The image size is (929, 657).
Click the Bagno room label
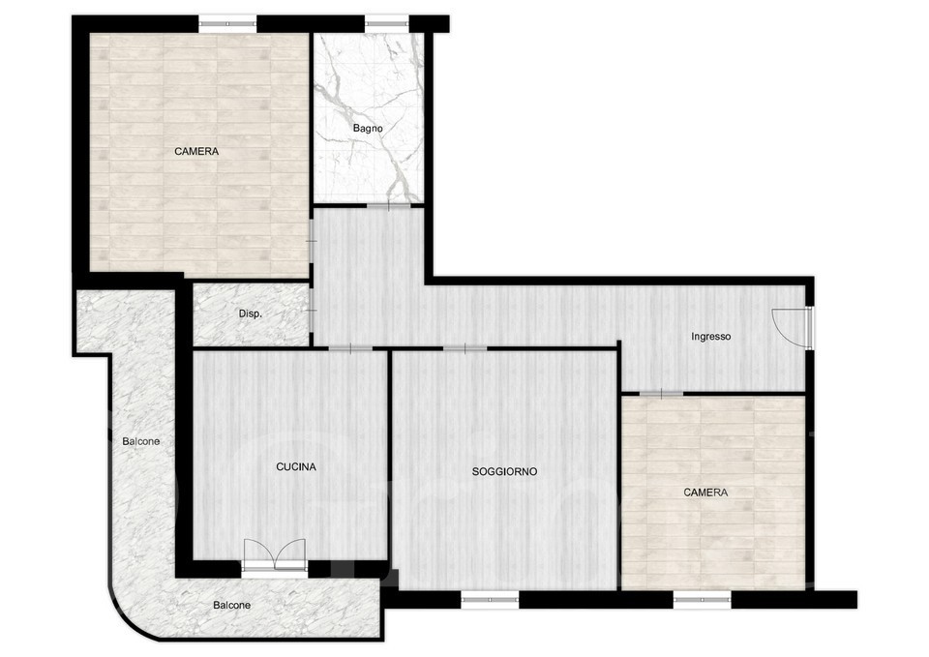pyautogui.click(x=368, y=129)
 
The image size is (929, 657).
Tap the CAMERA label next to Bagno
pyautogui.click(x=196, y=152)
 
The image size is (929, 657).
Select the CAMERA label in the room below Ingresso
pyautogui.click(x=705, y=493)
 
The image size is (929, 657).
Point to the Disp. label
pyautogui.click(x=251, y=314)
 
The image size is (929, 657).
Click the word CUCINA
pyautogui.click(x=296, y=466)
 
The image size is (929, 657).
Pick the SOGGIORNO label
pyautogui.click(x=505, y=471)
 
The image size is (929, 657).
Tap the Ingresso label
pyautogui.click(x=711, y=337)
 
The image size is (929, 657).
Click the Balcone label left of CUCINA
pyautogui.click(x=141, y=441)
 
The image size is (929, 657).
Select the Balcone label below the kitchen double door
pyautogui.click(x=232, y=606)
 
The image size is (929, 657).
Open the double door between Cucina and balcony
pyautogui.click(x=275, y=557)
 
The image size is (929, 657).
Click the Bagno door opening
pyautogui.click(x=388, y=205)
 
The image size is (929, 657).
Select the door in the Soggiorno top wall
pyautogui.click(x=465, y=347)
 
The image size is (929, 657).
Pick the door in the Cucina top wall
pyautogui.click(x=350, y=347)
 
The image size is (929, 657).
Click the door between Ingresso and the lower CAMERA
pyautogui.click(x=661, y=394)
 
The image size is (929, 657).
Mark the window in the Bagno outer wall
pyautogui.click(x=387, y=23)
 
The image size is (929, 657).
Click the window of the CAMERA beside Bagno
pyautogui.click(x=227, y=23)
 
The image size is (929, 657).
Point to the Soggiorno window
pyautogui.click(x=490, y=600)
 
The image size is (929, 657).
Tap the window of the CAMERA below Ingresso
pyautogui.click(x=703, y=600)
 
